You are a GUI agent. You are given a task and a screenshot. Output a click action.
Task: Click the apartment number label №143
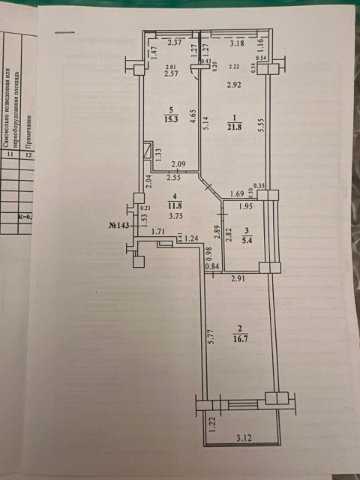click(x=121, y=225)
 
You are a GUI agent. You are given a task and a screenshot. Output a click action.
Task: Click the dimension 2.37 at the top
click(x=176, y=43)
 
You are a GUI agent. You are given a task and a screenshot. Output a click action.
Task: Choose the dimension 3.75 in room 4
click(x=176, y=217)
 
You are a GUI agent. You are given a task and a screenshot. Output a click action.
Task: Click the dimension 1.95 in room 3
click(x=246, y=207)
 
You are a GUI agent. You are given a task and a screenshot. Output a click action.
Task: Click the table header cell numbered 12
click(x=28, y=155)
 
